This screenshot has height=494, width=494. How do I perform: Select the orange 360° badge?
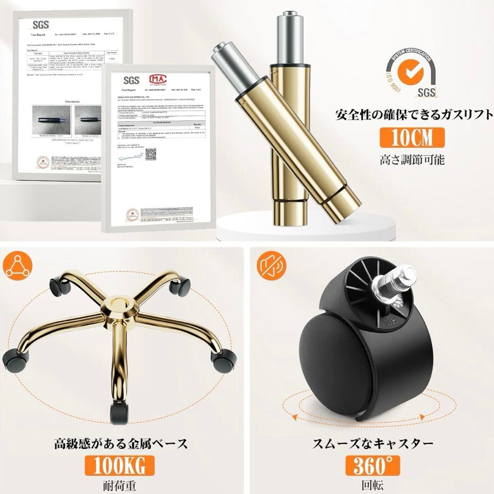tap(371, 466)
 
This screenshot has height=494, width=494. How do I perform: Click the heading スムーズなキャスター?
tap(371, 443)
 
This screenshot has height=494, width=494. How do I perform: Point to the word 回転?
tap(371, 485)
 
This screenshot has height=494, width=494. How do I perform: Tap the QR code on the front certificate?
tap(150, 154)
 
